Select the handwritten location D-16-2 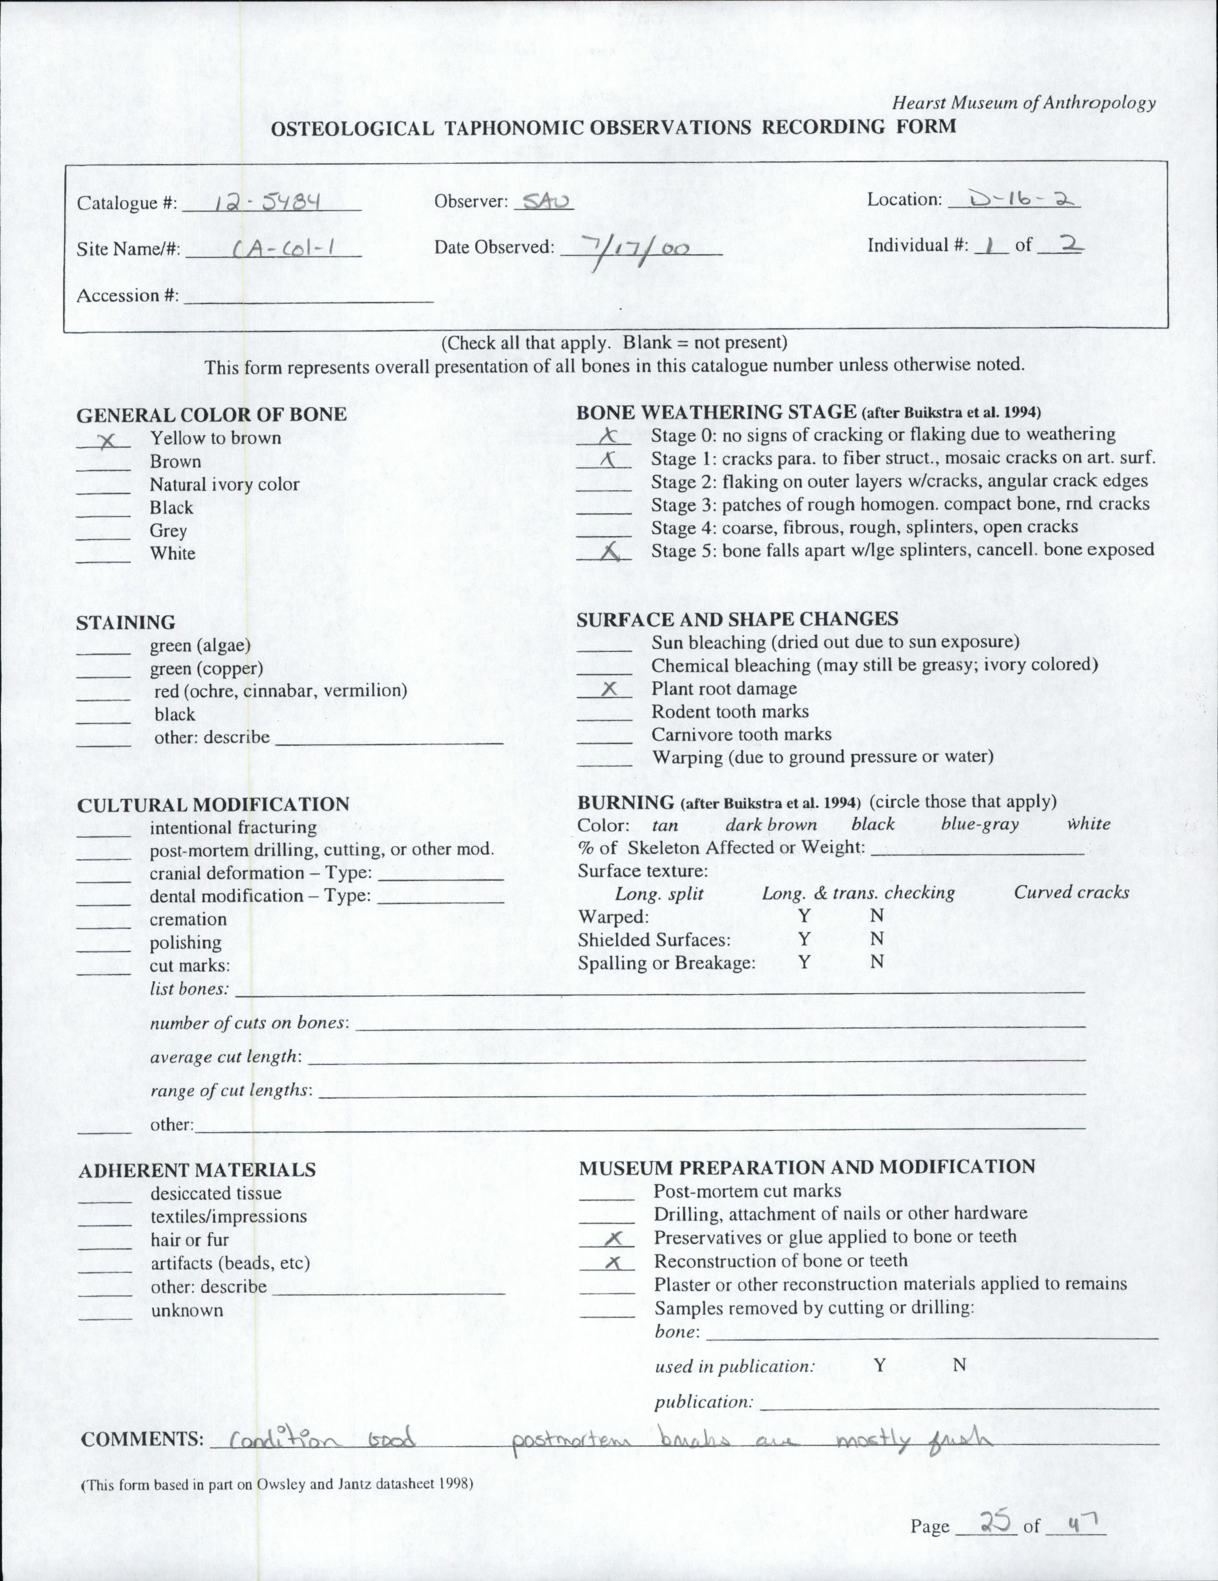[1013, 198]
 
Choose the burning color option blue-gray [979, 824]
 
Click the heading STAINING [126, 623]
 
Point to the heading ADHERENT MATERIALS [197, 1170]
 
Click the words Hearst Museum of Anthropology [1023, 104]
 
